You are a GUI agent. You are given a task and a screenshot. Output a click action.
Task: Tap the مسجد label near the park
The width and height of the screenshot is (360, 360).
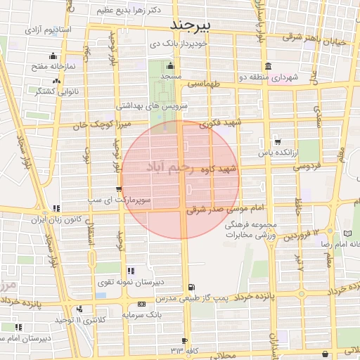tap(171, 75)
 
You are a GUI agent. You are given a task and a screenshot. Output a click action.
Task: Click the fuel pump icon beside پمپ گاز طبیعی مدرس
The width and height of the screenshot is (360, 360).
tap(191, 287)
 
